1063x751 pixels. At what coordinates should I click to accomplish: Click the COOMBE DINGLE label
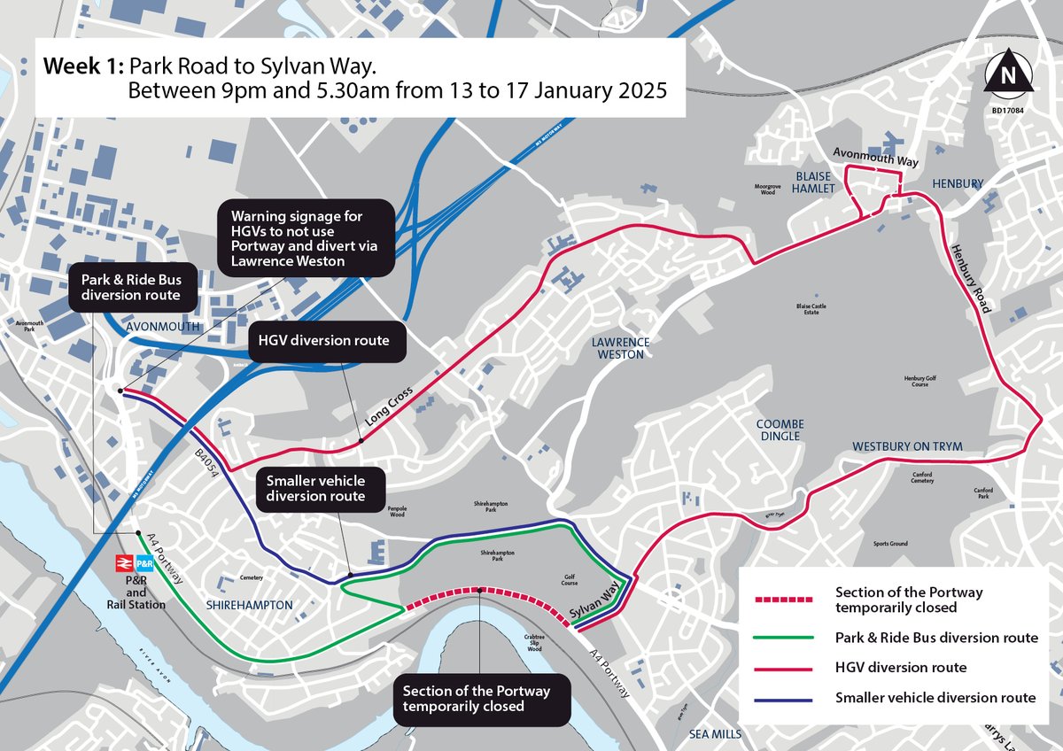click(780, 430)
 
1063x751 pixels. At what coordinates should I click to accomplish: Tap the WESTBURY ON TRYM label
click(906, 445)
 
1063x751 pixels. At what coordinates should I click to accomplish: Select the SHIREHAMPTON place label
click(249, 604)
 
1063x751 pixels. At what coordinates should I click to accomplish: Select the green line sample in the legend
click(780, 638)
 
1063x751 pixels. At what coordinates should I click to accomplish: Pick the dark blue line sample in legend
click(780, 699)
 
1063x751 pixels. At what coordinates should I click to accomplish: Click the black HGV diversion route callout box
click(324, 340)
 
